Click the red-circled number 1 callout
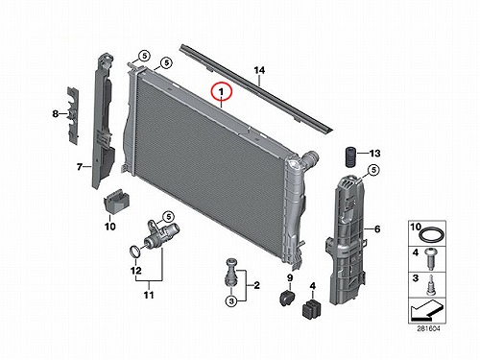click(222, 91)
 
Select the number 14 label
click(259, 70)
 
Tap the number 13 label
click(375, 154)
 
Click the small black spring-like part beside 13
click(350, 156)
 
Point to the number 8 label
click(56, 113)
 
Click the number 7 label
click(80, 167)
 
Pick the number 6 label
click(377, 228)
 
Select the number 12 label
click(136, 271)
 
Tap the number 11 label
click(149, 295)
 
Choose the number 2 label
click(256, 285)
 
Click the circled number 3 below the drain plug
click(231, 301)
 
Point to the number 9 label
click(290, 278)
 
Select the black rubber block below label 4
click(312, 308)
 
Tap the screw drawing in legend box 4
click(430, 258)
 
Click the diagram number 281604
click(428, 328)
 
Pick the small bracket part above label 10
click(116, 201)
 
